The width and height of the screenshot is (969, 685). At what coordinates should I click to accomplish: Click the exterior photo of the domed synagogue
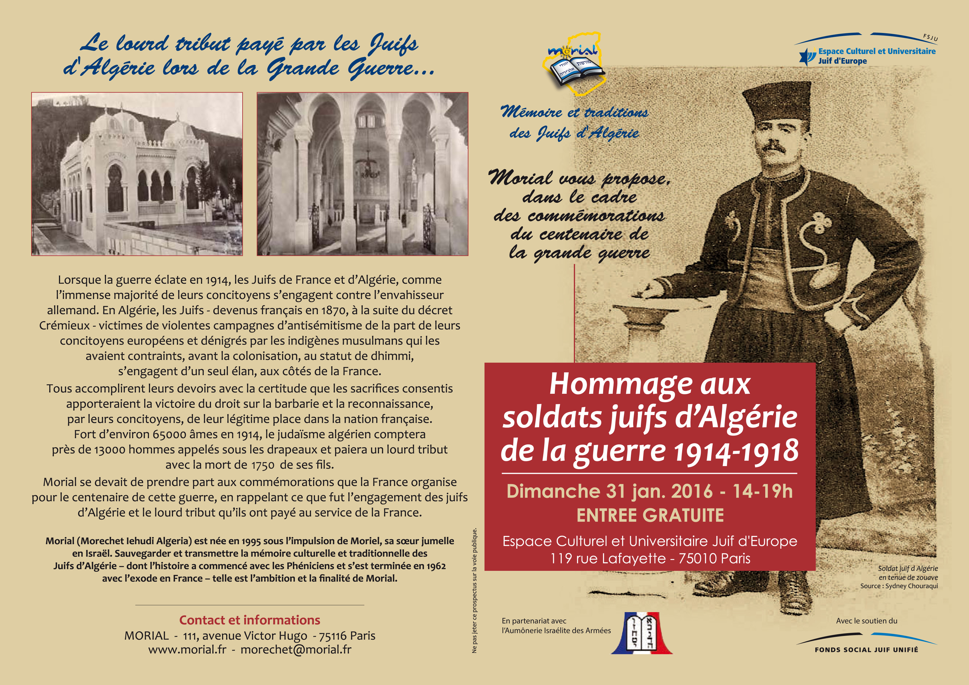coord(137,174)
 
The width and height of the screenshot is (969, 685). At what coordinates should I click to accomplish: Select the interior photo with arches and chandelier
coord(362,174)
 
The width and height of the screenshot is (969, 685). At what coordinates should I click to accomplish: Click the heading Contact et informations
coord(249,620)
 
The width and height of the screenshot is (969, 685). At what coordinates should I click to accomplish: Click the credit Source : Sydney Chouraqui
coord(899,586)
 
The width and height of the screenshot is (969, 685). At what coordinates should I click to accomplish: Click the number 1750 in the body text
coord(263,465)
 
